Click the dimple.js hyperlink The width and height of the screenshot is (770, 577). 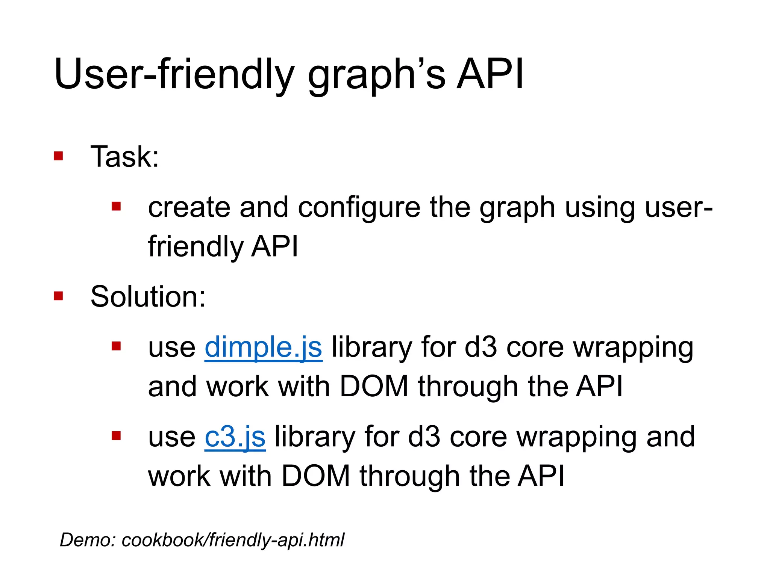pos(263,347)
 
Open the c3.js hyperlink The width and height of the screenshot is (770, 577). pos(235,437)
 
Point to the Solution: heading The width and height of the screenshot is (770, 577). pos(148,296)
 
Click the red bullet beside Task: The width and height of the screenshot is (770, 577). pos(58,156)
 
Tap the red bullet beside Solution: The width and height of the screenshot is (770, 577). pos(58,296)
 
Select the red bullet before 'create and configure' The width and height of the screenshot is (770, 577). pos(116,206)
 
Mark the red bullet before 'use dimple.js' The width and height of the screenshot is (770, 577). pos(116,346)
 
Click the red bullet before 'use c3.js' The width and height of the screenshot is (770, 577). pos(116,436)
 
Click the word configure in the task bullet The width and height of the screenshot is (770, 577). pos(359,208)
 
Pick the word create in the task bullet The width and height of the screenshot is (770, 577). pos(189,208)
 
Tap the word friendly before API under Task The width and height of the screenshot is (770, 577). pos(196,247)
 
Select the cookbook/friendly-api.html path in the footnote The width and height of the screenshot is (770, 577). pos(233,540)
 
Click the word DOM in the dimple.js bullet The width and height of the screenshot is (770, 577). pos(374,387)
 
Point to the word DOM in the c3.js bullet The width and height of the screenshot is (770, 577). pos(316,476)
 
